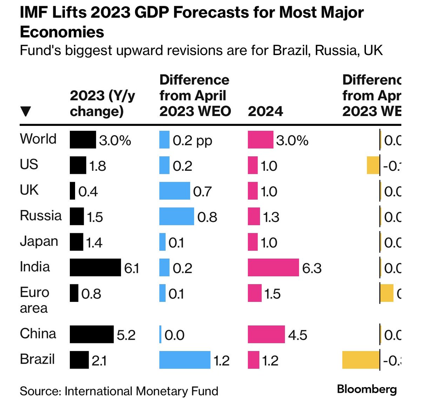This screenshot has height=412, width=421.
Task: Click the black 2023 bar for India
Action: point(95,268)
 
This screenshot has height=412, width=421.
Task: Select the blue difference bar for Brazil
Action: point(185,360)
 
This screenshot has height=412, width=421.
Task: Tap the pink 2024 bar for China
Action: point(266,334)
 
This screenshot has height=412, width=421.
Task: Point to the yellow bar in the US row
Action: point(373,166)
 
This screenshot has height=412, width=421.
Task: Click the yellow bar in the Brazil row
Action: point(361,360)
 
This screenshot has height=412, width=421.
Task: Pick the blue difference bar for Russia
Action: point(176,216)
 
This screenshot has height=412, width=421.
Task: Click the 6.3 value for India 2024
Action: point(312,268)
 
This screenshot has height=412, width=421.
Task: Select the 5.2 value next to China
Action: point(126,335)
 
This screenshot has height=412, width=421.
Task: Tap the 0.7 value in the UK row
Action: point(202,191)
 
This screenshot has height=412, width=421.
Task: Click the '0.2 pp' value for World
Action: point(192,141)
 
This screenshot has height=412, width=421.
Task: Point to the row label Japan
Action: point(39,242)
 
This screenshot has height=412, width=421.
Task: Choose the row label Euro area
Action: point(34,300)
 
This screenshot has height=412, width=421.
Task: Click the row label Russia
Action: point(41,216)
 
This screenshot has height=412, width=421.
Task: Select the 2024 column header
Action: point(265,112)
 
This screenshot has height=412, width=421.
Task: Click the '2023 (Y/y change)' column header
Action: point(102,103)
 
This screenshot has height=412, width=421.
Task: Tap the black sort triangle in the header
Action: point(26,112)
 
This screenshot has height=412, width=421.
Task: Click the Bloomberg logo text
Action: point(367,389)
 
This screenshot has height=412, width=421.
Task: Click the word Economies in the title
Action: point(62,32)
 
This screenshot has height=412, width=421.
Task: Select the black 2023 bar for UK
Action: point(72,191)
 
